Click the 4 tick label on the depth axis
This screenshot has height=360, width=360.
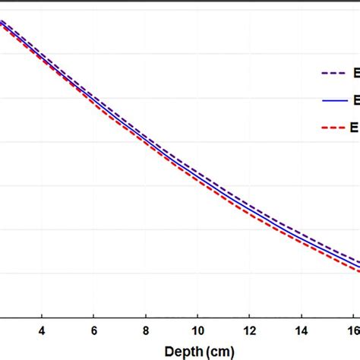pos(41,332)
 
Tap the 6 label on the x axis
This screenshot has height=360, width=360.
pos(93,332)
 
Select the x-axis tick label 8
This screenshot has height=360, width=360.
pos(145,332)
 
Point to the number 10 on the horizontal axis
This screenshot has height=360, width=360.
pos(197,332)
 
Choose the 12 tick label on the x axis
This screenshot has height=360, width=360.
pos(250,332)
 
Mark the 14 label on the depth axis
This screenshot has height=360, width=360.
pos(302,332)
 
